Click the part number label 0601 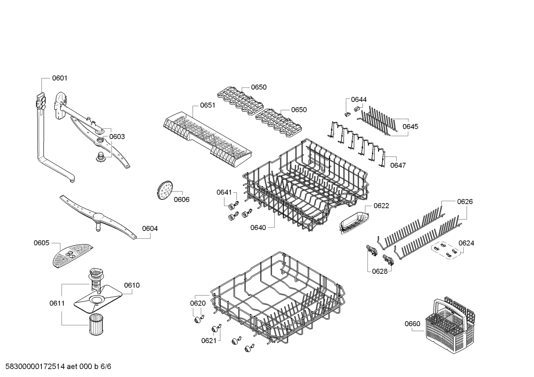pyautogui.click(x=60, y=78)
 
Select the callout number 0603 pyautogui.click(x=117, y=137)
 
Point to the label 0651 pyautogui.click(x=207, y=105)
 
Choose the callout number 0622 pyautogui.click(x=381, y=206)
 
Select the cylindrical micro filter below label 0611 pyautogui.click(x=97, y=324)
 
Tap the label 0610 pyautogui.click(x=132, y=285)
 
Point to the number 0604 pyautogui.click(x=150, y=229)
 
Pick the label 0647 pyautogui.click(x=398, y=165)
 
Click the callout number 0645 pyautogui.click(x=410, y=127)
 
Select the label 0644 pyautogui.click(x=359, y=100)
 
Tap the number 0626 pyautogui.click(x=465, y=202)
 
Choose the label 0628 pyautogui.click(x=380, y=272)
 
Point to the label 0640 pyautogui.click(x=258, y=228)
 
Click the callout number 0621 pyautogui.click(x=209, y=341)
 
